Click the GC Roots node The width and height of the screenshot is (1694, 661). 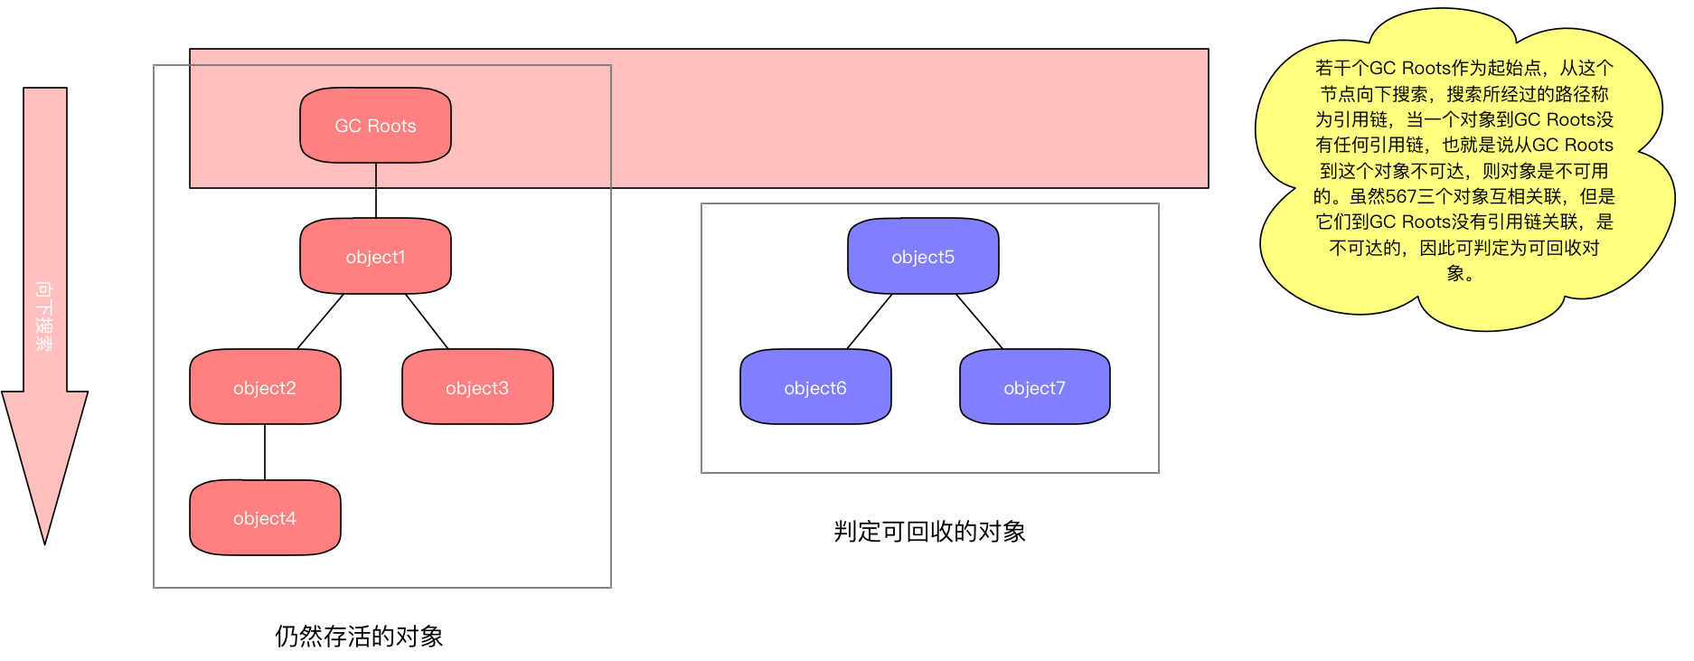coord(375,126)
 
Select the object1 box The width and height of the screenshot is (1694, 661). coord(375,256)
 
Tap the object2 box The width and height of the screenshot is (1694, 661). coord(265,387)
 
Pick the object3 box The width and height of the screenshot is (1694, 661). coord(477,387)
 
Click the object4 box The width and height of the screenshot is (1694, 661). coord(265,517)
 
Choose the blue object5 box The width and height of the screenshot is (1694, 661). coord(923,256)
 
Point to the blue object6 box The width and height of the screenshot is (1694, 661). coord(815,387)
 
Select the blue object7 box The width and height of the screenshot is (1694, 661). coord(1035,387)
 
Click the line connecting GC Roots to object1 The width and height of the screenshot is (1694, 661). coord(376,191)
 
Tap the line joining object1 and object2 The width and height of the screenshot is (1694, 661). coord(321,321)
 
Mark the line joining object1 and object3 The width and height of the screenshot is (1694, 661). coord(427,321)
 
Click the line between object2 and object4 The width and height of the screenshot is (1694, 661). coord(265,452)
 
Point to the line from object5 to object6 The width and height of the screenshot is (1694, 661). coord(870,321)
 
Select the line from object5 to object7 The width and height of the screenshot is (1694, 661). coord(979,321)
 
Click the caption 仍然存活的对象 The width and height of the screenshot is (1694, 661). coord(359,637)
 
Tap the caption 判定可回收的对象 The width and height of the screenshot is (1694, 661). coord(929,532)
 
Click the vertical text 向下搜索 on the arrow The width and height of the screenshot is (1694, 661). coord(43,316)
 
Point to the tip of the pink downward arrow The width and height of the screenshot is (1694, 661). coord(44,544)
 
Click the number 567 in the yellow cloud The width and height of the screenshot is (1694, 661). coord(1401,196)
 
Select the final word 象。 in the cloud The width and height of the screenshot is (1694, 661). coord(1460,273)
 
